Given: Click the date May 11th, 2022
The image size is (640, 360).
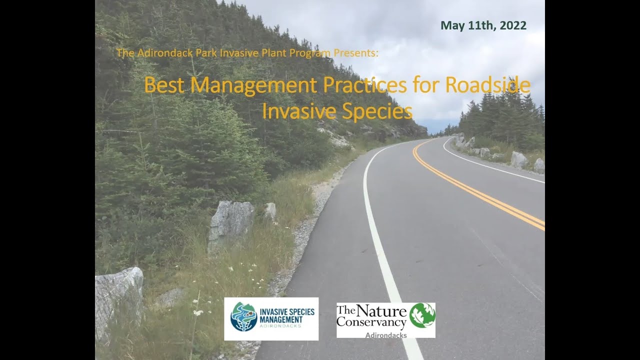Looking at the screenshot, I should (x=483, y=26).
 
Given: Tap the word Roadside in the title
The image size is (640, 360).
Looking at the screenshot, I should (x=487, y=85).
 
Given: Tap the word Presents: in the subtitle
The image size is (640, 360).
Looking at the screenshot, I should (x=357, y=52).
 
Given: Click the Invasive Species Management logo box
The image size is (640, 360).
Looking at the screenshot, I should (x=271, y=319).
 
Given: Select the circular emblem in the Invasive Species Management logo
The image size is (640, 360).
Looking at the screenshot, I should (x=243, y=316).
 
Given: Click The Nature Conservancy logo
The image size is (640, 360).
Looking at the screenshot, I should (x=385, y=320).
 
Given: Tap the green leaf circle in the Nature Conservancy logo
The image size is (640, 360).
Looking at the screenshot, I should (x=422, y=315).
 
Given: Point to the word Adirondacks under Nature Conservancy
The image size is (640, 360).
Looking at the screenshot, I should (x=385, y=335).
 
